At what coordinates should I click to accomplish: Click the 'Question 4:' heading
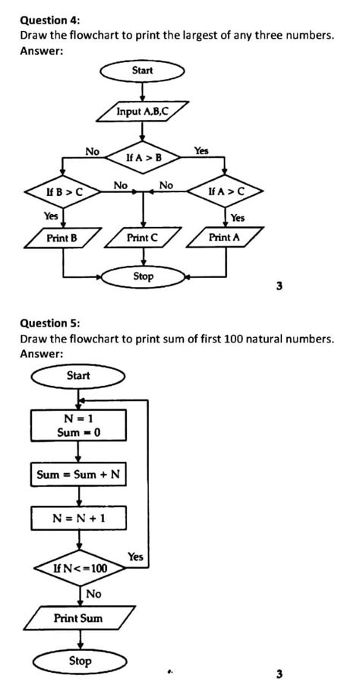(49, 21)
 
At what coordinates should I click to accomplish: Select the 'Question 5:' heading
(49, 323)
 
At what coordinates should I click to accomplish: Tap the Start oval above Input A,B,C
(142, 71)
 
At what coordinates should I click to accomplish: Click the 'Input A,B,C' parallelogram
(142, 112)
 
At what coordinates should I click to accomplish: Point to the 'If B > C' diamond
(62, 192)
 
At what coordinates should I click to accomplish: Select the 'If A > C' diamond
(226, 192)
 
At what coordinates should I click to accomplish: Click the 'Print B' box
(62, 238)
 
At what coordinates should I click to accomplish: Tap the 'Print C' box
(143, 238)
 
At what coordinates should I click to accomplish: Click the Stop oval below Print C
(143, 276)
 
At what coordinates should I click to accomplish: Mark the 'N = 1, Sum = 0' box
(78, 425)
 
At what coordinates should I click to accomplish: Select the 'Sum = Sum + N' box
(78, 475)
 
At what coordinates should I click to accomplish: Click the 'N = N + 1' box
(78, 518)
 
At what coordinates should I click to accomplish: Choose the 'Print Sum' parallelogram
(78, 618)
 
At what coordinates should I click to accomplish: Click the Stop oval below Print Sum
(79, 661)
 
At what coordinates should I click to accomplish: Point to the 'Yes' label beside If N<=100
(135, 557)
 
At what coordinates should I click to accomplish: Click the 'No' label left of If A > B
(92, 152)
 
